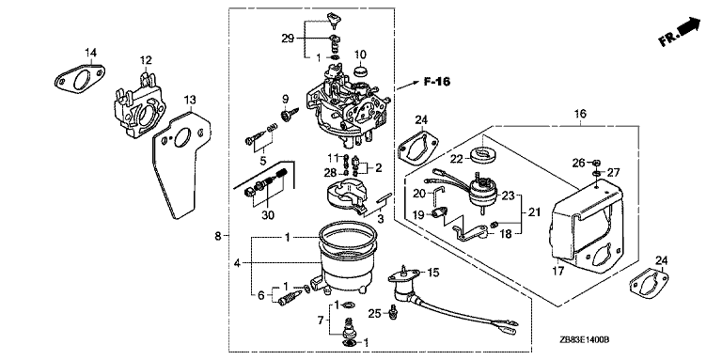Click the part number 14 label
click(90, 53)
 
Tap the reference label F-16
click(437, 82)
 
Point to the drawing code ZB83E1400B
click(585, 339)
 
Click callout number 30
click(268, 214)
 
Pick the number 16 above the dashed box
click(580, 114)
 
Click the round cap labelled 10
click(360, 71)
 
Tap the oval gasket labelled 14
click(80, 78)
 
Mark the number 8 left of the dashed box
click(218, 237)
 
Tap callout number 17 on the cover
click(557, 271)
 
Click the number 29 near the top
click(288, 39)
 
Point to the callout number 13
click(190, 99)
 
